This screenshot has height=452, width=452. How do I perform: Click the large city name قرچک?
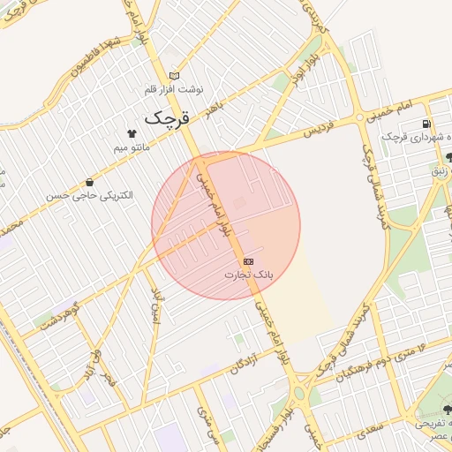(x=167, y=117)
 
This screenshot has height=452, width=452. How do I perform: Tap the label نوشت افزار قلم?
(x=177, y=90)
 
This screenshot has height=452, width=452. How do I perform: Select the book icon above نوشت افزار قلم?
(x=175, y=76)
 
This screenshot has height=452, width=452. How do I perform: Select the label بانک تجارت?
(x=248, y=275)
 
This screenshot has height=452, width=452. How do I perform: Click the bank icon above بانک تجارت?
(x=248, y=262)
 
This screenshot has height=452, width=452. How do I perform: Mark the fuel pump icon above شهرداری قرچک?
(x=428, y=124)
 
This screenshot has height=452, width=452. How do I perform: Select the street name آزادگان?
(x=248, y=360)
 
